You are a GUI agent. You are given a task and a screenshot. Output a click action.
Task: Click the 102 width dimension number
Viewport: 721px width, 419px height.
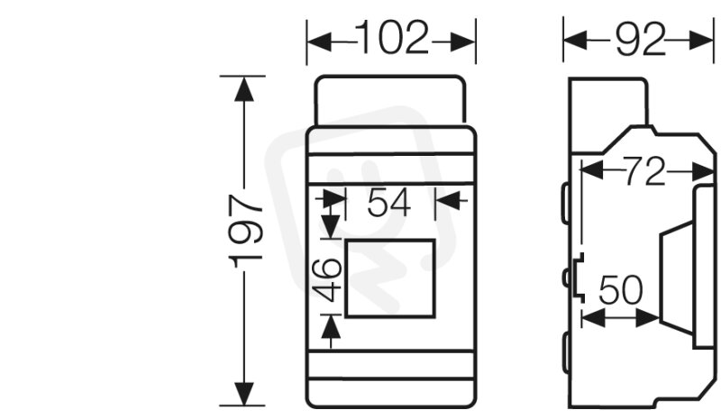click(392, 38)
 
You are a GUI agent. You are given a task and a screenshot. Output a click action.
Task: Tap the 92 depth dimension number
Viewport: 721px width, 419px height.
click(641, 40)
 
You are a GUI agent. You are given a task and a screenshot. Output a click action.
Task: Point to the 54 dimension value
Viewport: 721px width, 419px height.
click(388, 204)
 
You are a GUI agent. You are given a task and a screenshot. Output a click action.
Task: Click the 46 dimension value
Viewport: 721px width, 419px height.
click(327, 279)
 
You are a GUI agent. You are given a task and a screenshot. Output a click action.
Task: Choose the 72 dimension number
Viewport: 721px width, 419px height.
click(644, 171)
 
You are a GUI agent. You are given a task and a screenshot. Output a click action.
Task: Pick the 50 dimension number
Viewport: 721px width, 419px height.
click(620, 290)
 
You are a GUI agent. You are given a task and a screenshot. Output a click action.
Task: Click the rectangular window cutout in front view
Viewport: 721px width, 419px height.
click(390, 278)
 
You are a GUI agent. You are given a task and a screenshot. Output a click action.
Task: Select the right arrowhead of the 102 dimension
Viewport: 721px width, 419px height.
click(463, 41)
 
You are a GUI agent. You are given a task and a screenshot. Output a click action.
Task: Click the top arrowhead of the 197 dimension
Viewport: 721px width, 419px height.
click(243, 88)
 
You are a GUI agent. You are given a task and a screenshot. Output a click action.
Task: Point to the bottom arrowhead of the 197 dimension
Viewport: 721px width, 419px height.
click(243, 394)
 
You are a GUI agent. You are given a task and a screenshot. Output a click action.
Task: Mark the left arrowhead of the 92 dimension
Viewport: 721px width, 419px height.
click(575, 41)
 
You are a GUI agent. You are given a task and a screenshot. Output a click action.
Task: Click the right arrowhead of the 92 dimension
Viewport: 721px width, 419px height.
click(701, 41)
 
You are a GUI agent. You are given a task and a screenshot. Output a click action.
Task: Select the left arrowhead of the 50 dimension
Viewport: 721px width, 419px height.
click(593, 318)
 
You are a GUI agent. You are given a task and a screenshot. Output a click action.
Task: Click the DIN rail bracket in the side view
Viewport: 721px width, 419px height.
click(579, 278)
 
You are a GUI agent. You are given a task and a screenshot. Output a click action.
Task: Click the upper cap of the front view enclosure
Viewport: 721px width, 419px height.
click(390, 100)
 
